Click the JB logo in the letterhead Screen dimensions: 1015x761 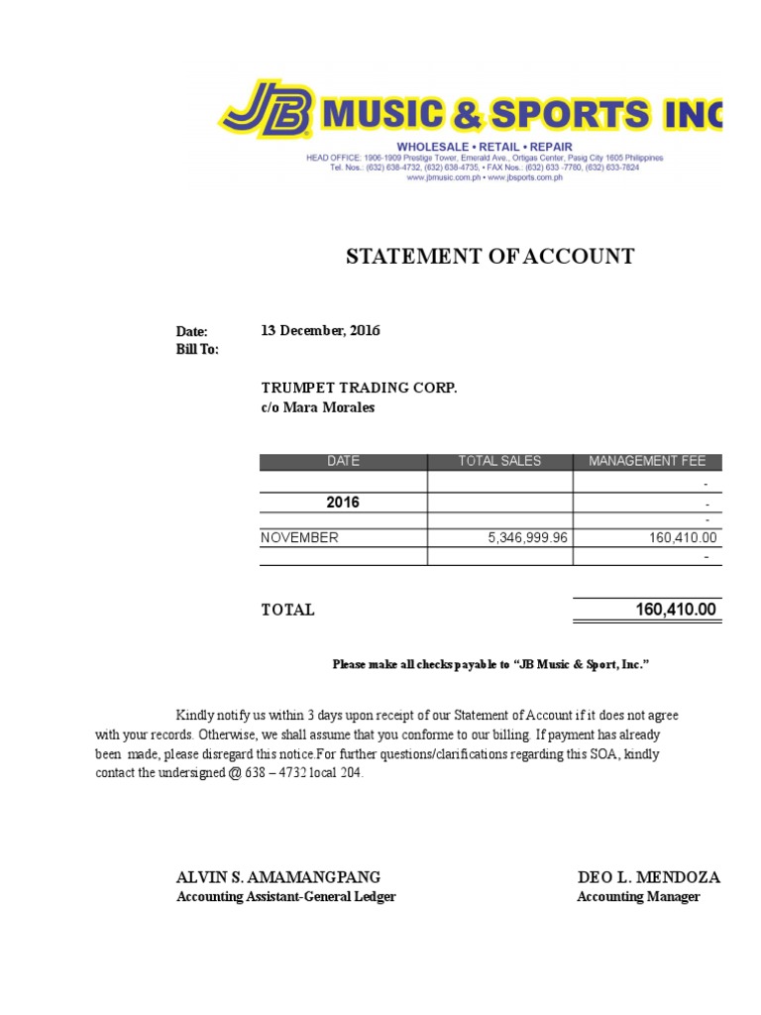[267, 109]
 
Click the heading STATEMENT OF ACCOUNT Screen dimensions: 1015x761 [489, 258]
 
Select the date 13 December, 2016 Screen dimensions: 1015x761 [320, 331]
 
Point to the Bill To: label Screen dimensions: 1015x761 [197, 350]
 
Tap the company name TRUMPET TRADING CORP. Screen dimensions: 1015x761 [359, 388]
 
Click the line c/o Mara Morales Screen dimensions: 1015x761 [318, 407]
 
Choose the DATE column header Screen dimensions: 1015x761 [343, 461]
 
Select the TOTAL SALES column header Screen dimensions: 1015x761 [499, 461]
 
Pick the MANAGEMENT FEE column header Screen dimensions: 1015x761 [647, 461]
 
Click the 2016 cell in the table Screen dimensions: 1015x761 [343, 503]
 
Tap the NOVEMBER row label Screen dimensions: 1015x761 [299, 537]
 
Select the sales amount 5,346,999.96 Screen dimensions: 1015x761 [528, 537]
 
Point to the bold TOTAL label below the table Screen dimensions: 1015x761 [287, 611]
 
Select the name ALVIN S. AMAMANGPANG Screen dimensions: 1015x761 [277, 877]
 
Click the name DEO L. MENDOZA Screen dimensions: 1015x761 [649, 877]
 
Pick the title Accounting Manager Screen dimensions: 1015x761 [638, 897]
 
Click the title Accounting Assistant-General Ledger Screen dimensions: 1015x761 [285, 897]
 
